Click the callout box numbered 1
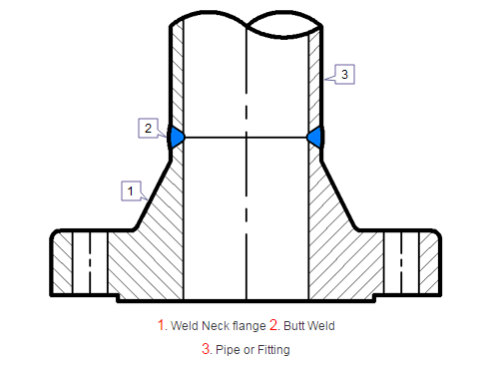click(x=130, y=187)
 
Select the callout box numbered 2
click(x=148, y=128)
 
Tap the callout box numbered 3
click(x=344, y=74)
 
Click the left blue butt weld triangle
click(x=177, y=137)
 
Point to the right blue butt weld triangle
click(x=314, y=137)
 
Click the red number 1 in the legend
click(x=162, y=325)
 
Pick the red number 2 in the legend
click(x=274, y=325)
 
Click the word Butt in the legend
click(x=294, y=326)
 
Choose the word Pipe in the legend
click(x=227, y=350)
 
